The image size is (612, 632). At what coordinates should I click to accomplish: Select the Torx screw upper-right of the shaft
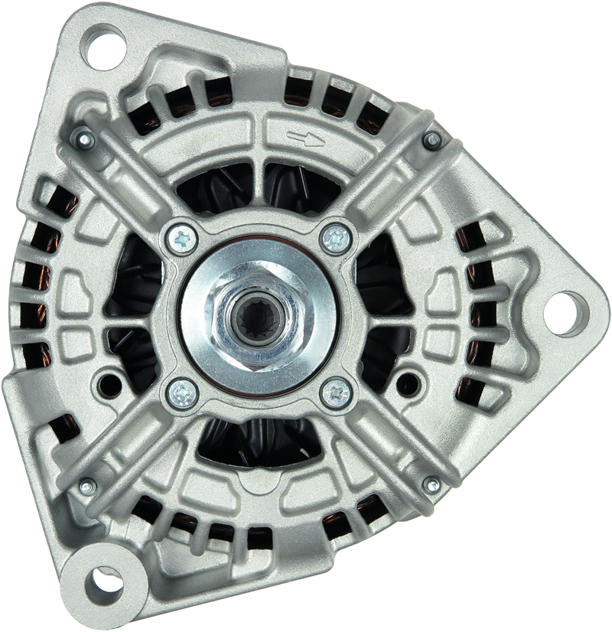(x=336, y=239)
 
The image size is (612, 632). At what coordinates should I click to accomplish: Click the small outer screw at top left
(x=85, y=140)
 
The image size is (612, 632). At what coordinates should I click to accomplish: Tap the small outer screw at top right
(x=432, y=140)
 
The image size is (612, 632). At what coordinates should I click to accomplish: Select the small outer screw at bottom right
(x=432, y=485)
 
